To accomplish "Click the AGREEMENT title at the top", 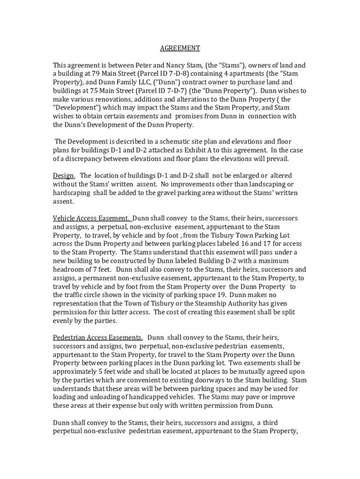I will (180, 48).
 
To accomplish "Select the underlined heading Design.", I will (64, 175).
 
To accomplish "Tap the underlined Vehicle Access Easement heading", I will (92, 218).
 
